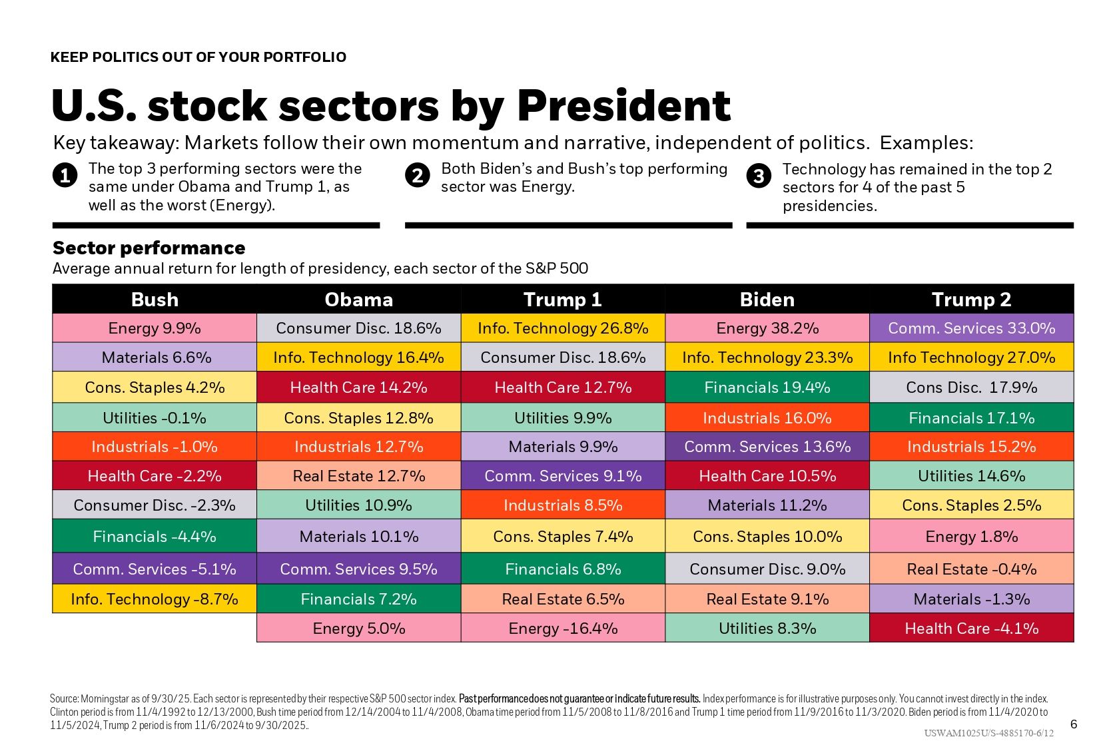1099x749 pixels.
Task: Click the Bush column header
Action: point(155,300)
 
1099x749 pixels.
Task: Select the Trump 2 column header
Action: point(971,300)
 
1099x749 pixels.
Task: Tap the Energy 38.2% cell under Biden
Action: point(767,328)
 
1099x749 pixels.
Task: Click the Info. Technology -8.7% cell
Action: point(155,599)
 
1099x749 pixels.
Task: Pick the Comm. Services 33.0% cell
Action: point(971,328)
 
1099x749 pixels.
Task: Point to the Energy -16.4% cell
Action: point(563,628)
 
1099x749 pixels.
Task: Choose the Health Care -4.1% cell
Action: point(971,628)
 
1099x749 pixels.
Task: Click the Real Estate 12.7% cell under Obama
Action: point(358,476)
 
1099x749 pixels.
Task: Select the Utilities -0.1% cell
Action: point(155,418)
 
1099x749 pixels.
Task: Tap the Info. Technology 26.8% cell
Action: point(563,328)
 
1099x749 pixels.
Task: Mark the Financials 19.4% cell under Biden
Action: point(767,387)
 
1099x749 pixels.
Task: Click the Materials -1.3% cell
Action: point(971,599)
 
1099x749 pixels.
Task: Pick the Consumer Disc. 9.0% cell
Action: point(767,569)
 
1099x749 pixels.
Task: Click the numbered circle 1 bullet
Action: point(65,176)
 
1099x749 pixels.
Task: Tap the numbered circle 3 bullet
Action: point(759,176)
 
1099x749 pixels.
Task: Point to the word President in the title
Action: point(623,107)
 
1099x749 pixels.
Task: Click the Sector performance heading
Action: point(149,248)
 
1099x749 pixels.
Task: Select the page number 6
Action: point(1073,724)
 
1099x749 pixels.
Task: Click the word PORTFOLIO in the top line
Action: point(305,57)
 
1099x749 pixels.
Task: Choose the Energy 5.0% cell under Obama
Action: point(358,628)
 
